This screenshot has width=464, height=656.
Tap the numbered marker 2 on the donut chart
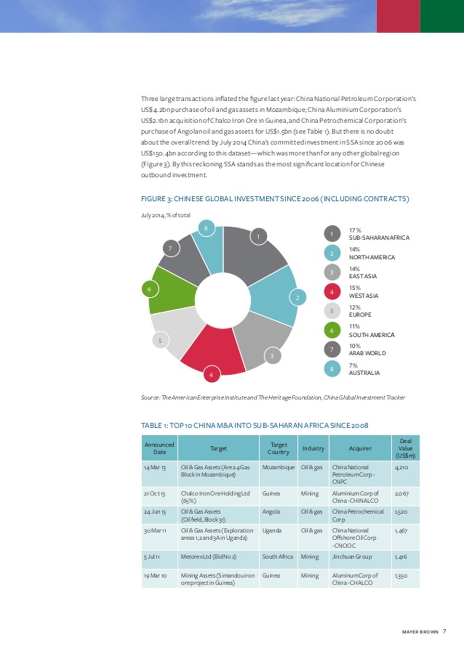tap(298, 298)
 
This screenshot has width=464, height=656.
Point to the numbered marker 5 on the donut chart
tap(160, 340)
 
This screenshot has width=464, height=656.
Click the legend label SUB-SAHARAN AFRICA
tap(379, 238)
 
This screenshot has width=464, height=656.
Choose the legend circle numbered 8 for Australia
tap(332, 369)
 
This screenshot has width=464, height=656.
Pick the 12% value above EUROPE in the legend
tap(355, 307)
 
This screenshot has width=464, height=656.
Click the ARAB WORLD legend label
tap(367, 353)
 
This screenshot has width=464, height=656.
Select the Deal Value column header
tap(405, 448)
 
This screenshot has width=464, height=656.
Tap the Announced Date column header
tap(160, 448)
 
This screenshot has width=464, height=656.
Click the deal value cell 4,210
tap(401, 467)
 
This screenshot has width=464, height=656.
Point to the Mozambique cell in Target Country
tap(278, 467)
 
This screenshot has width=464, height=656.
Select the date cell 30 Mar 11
tap(155, 531)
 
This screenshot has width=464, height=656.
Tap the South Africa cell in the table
tap(277, 557)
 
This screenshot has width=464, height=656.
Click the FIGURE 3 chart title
tap(275, 199)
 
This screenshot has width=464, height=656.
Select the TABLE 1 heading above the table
tap(254, 425)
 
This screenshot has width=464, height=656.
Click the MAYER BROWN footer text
tap(420, 632)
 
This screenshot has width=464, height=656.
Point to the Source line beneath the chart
tap(273, 398)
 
